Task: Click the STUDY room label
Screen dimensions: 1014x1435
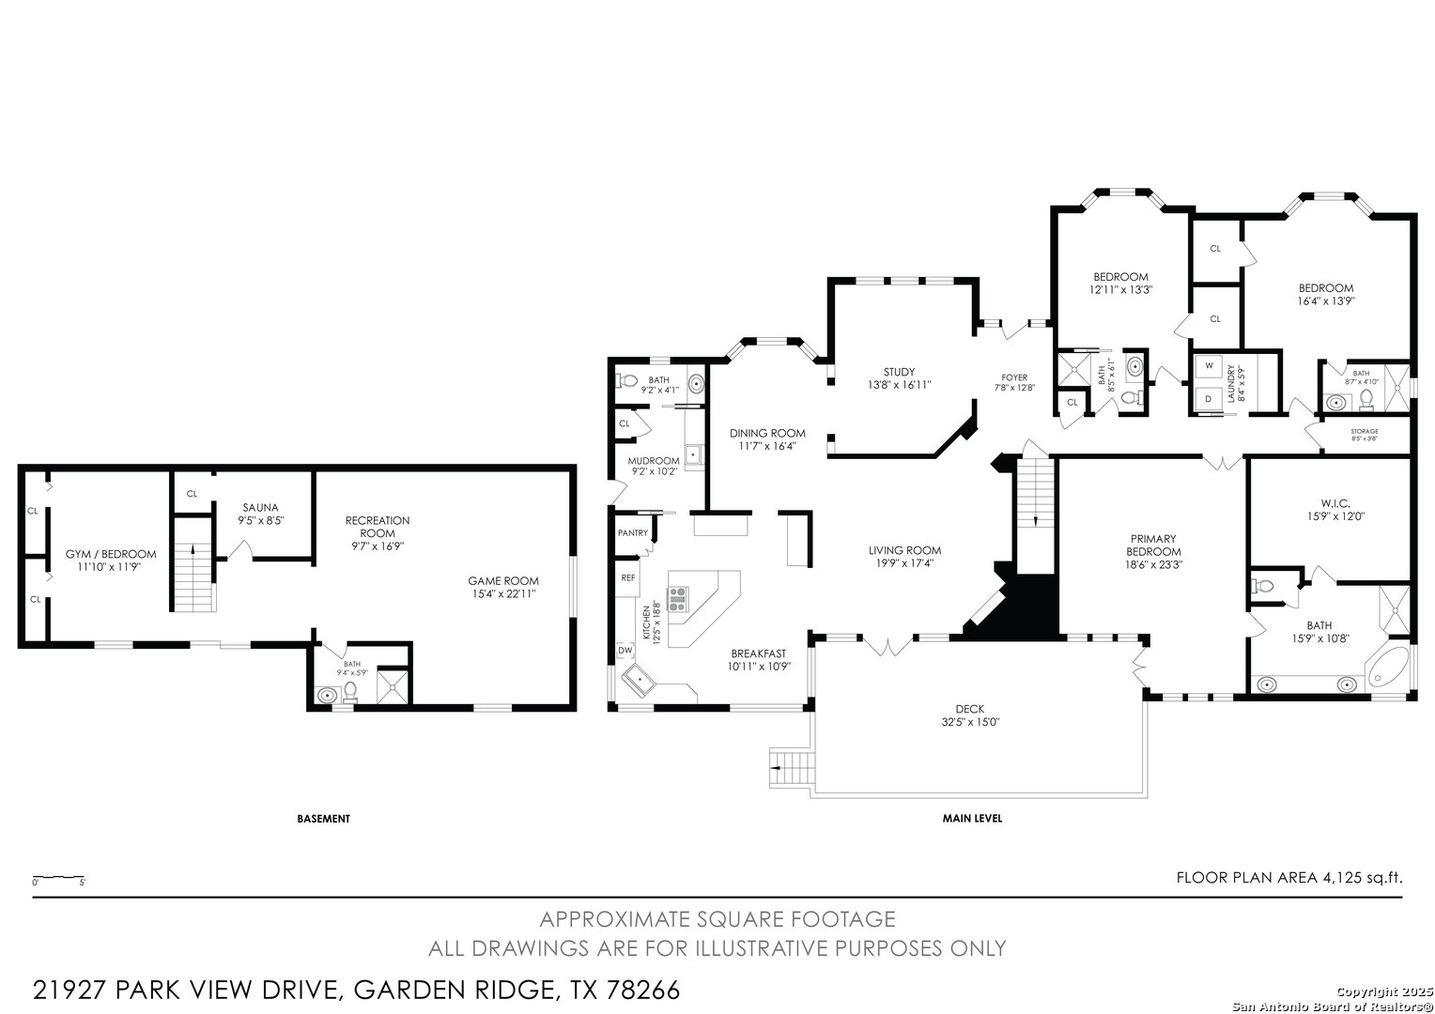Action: (x=898, y=372)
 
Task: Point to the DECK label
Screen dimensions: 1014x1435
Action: (x=970, y=709)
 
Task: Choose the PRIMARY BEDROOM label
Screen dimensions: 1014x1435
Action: (x=1152, y=545)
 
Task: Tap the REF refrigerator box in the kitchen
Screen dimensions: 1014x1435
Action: (x=627, y=578)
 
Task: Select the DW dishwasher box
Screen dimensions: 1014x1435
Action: (x=625, y=651)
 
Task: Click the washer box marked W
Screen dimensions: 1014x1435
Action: (x=1209, y=365)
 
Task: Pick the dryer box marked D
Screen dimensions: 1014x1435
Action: (x=1208, y=399)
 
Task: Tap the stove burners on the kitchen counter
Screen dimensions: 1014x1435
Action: (x=678, y=598)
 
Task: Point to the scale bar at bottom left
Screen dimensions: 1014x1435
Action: (x=59, y=878)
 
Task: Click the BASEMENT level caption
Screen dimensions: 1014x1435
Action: (x=323, y=819)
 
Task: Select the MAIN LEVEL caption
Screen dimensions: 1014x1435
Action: (x=972, y=819)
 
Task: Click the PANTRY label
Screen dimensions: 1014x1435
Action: (x=633, y=533)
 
